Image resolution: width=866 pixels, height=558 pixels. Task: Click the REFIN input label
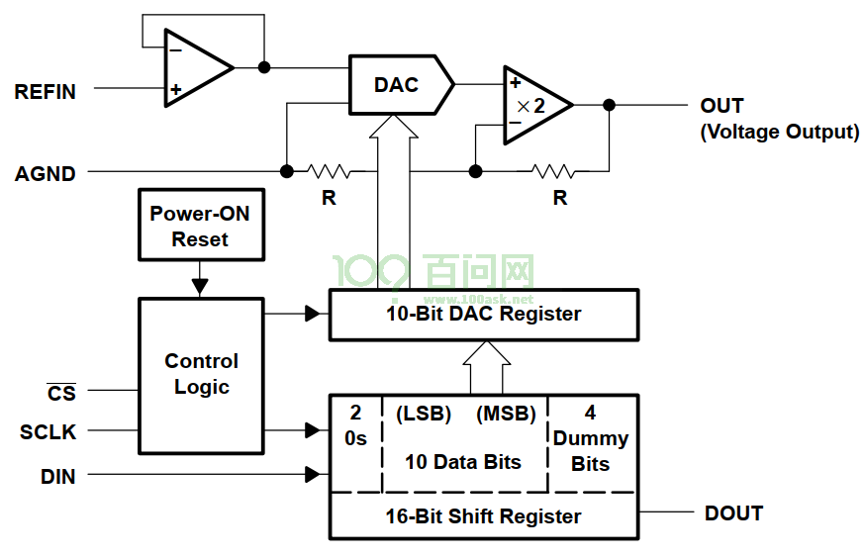[45, 92]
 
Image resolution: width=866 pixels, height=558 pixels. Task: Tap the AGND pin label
[45, 174]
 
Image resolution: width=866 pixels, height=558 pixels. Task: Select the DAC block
[402, 85]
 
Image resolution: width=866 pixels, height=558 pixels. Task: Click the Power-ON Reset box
[201, 225]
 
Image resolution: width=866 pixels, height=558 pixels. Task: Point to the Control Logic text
[202, 374]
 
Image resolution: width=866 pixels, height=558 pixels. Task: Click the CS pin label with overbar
[61, 393]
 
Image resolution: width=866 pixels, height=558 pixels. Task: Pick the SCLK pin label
[48, 431]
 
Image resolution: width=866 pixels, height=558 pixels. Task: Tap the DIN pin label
[58, 476]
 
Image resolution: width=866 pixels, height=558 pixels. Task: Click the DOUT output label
[733, 513]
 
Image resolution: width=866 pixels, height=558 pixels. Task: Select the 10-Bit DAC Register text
[483, 314]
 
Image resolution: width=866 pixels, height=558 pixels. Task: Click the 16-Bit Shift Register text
[483, 516]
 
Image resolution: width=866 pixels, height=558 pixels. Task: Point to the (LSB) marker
[424, 414]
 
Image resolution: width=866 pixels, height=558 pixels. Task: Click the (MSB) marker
[506, 414]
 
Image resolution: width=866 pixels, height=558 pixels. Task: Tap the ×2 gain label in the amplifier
[530, 106]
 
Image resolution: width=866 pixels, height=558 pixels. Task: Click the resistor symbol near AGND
[330, 171]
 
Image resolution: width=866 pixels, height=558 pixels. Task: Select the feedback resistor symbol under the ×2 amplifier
[553, 171]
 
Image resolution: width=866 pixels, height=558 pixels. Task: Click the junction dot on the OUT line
[609, 105]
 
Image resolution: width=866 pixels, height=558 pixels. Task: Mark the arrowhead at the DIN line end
[313, 474]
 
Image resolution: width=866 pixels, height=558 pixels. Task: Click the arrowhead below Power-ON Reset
[200, 287]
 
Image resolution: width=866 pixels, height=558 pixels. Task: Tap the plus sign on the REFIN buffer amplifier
[175, 89]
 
